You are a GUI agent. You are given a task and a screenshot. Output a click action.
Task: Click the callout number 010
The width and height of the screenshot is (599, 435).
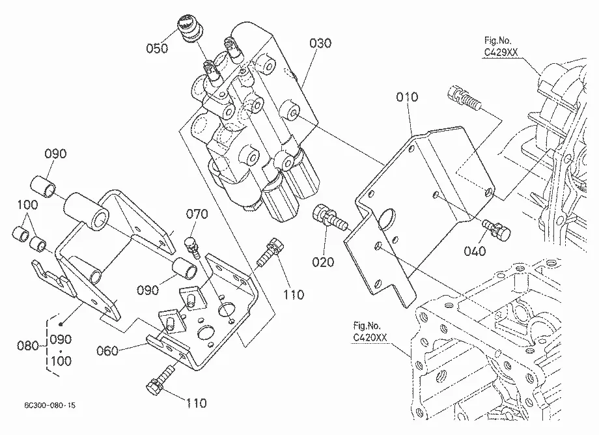[407, 97]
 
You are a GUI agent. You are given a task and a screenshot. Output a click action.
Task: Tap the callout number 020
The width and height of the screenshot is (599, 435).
[323, 262]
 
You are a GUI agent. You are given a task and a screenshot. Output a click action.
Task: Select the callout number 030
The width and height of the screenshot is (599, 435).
[320, 43]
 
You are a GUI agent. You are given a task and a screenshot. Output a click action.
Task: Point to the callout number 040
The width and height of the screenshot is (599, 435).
[475, 251]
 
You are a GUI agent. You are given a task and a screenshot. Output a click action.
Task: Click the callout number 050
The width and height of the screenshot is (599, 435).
[157, 48]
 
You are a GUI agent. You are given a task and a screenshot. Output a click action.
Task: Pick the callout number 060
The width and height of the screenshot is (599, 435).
[107, 350]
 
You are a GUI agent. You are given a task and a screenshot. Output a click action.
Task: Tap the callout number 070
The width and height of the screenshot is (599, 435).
[197, 214]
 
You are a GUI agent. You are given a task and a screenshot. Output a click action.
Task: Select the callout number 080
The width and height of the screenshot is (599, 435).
[28, 346]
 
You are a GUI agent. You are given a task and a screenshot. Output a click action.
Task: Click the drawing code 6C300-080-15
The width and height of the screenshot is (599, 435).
[50, 405]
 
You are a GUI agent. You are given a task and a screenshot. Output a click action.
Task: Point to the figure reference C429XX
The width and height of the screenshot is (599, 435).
[501, 52]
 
